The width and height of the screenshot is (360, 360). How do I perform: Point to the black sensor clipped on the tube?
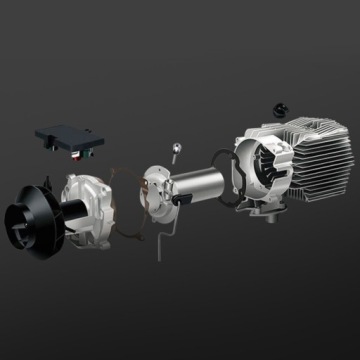[x=183, y=200]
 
